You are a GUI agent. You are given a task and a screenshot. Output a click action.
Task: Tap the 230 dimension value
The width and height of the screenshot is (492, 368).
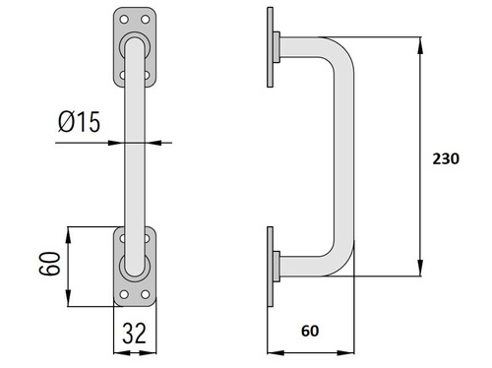coord(446,161)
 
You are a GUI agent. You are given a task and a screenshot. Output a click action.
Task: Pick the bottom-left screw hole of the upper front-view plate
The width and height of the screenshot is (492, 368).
coord(123,73)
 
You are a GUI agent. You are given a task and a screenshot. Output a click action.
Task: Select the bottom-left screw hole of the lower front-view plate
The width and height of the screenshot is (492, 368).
coord(123,293)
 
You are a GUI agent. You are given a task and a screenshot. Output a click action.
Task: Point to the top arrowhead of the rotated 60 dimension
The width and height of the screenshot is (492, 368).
coord(68,231)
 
